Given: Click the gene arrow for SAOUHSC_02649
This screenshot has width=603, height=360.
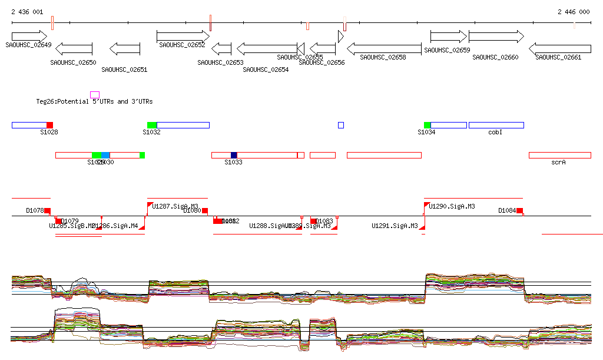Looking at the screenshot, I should coord(29,36).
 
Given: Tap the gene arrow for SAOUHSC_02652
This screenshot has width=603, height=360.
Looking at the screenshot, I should coord(183,36).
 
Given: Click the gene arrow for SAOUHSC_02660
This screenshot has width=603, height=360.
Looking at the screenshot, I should coord(496,36).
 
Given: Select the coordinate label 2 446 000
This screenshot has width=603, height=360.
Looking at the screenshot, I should coord(573,12).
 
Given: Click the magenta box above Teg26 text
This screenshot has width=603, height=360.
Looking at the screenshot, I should coord(95,94).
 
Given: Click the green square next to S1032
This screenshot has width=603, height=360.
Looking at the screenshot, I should coord(152,125).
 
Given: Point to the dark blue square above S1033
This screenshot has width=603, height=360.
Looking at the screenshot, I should coord(234,155).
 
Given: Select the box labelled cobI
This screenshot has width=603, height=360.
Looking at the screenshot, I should coord(496,125).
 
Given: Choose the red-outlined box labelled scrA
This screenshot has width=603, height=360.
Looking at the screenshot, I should coord(559,155).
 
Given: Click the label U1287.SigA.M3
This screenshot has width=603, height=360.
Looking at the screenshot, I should coord(175,206).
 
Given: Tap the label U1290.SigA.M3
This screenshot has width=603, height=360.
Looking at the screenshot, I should coord(452,206).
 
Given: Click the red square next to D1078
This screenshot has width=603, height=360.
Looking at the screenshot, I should coord(48,210).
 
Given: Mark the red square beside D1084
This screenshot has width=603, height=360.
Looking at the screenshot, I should coord(519,210).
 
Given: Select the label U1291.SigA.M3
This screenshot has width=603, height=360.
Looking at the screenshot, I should coord(395,226).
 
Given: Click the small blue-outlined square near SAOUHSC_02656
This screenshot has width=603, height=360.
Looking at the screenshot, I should coord(341,125).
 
